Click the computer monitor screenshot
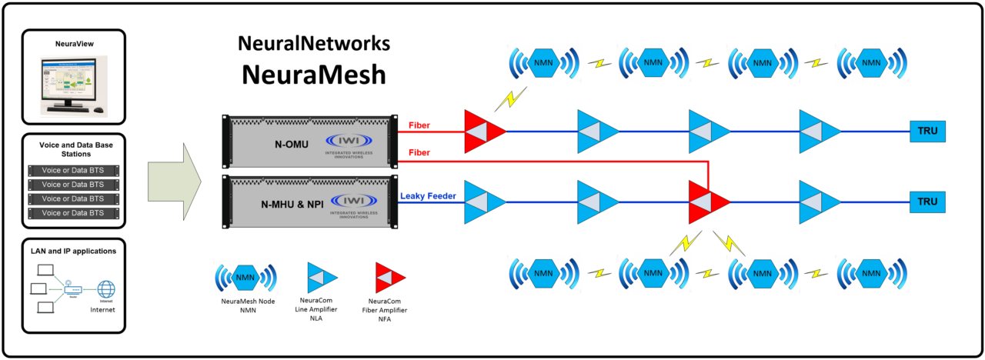click(73, 85)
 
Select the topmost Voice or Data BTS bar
click(74, 171)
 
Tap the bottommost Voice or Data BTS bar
click(74, 213)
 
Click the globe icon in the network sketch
click(106, 289)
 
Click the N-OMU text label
click(292, 145)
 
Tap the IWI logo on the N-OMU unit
click(349, 142)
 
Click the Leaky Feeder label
click(428, 196)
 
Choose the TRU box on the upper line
click(927, 132)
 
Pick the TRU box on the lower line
click(927, 202)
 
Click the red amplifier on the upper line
click(484, 132)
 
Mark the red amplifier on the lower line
click(709, 202)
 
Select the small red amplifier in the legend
click(389, 278)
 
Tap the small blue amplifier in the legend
click(322, 278)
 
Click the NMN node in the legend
click(245, 278)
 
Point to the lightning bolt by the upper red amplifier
click(510, 98)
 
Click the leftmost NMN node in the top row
click(543, 63)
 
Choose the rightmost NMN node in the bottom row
click(872, 273)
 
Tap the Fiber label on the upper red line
click(419, 125)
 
